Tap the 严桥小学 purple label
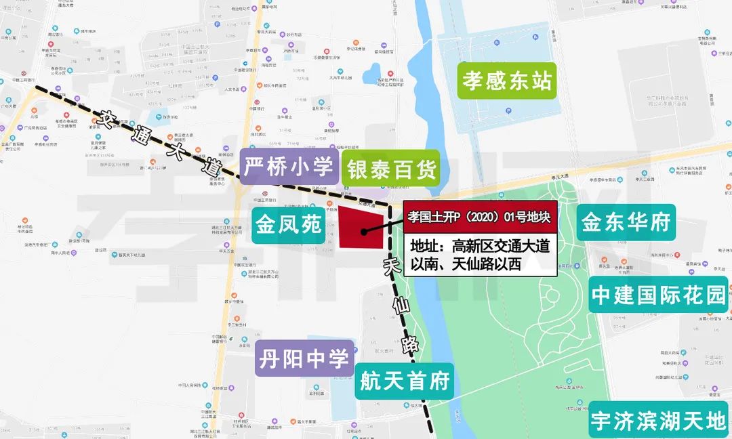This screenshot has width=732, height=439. point(289,167)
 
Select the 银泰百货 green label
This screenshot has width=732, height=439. point(390,169)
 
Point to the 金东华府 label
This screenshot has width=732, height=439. point(626,222)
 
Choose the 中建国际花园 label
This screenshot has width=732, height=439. point(659,295)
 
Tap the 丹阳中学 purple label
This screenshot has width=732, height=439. point(305,358)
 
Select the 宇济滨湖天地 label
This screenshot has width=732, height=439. point(658,421)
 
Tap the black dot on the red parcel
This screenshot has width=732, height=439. point(364,232)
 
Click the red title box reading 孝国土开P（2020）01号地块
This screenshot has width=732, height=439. point(480,217)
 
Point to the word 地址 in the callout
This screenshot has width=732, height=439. point(429,245)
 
